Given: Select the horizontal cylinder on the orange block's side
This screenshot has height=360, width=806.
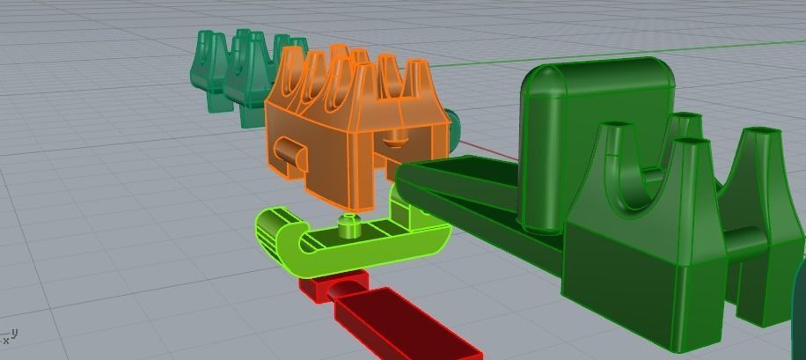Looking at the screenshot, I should pos(288,151).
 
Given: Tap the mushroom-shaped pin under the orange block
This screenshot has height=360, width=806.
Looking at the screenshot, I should pos(396,137).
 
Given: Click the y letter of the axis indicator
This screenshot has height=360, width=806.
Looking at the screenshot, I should pos(15,332).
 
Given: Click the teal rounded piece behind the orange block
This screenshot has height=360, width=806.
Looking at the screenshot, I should pos(452,128).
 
